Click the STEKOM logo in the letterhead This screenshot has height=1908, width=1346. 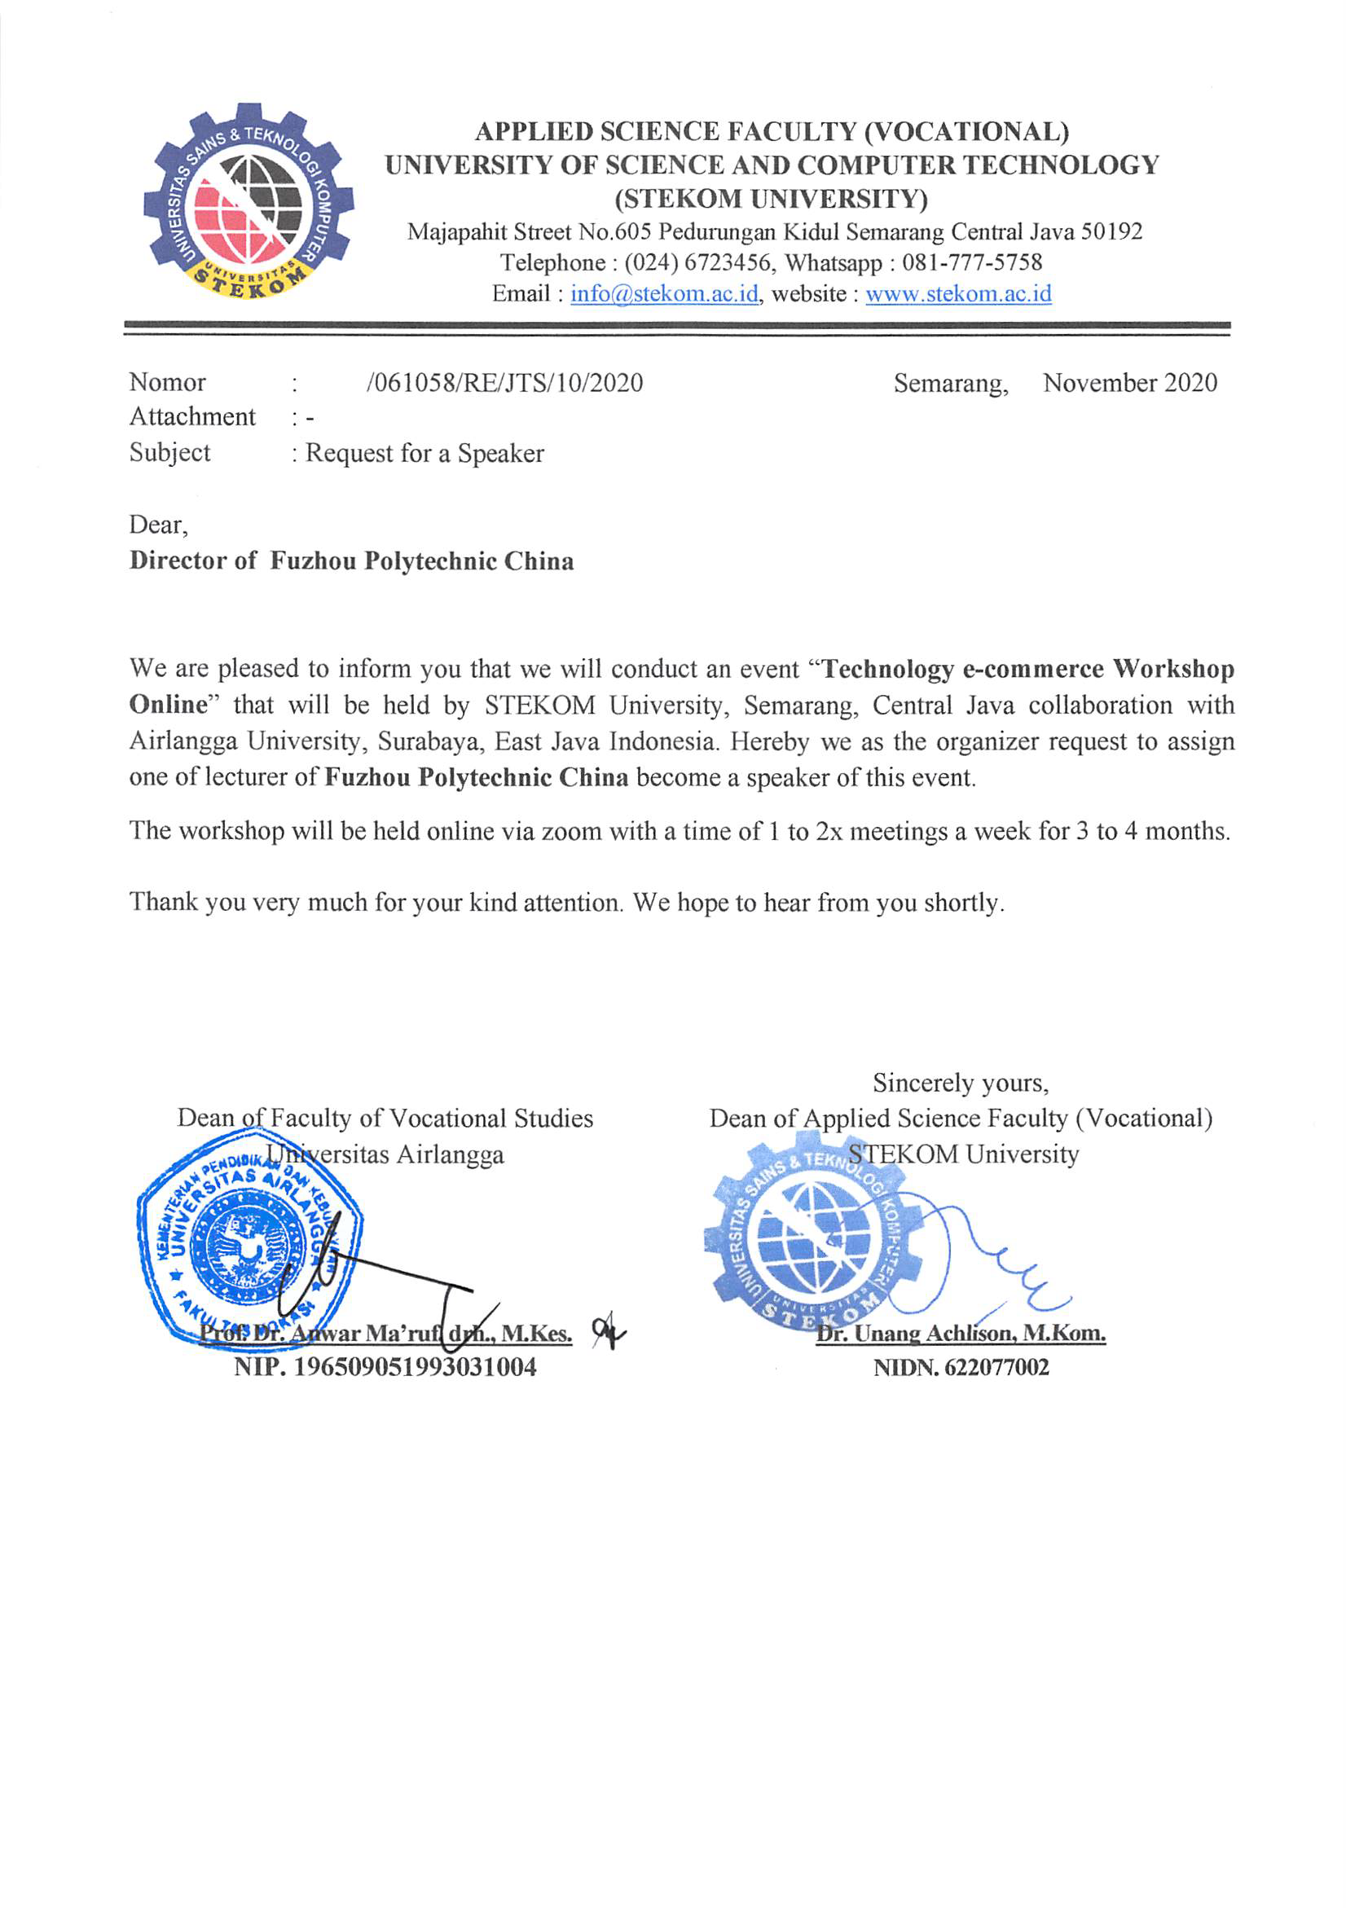point(249,202)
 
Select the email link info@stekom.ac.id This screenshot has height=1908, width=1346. point(664,294)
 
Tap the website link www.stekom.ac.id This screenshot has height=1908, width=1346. point(958,294)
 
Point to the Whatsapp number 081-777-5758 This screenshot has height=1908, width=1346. point(971,263)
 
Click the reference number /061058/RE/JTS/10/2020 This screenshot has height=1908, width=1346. point(504,383)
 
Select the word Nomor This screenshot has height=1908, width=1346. point(167,382)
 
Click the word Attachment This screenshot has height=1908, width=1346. point(192,416)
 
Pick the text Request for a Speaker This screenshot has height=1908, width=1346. point(424,454)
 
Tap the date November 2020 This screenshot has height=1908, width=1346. point(1129,383)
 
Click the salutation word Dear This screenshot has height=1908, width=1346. point(157,525)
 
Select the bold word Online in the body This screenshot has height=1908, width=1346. point(167,705)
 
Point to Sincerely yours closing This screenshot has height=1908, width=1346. point(960,1084)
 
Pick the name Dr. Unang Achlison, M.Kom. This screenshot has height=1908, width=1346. point(960,1334)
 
